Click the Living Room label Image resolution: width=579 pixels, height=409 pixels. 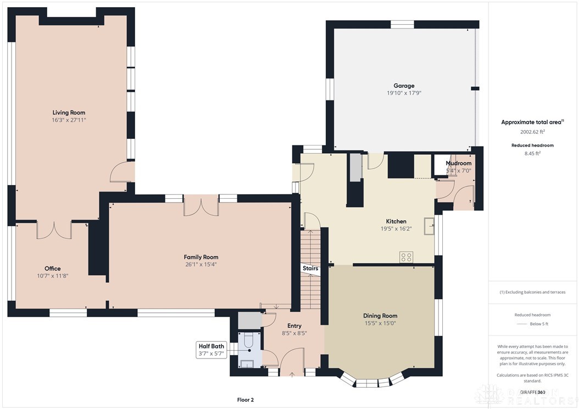pyautogui.click(x=69, y=113)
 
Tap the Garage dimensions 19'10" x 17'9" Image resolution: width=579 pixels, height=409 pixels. pyautogui.click(x=404, y=93)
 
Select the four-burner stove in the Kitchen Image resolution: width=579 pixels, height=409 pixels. pyautogui.click(x=407, y=257)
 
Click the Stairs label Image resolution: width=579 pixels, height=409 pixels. pyautogui.click(x=310, y=268)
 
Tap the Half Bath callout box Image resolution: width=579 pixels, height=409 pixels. pyautogui.click(x=211, y=350)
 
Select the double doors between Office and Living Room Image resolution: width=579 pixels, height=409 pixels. pyautogui.click(x=54, y=231)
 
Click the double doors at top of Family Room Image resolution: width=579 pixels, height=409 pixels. pyautogui.click(x=201, y=207)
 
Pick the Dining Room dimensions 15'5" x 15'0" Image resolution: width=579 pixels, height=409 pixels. pyautogui.click(x=380, y=323)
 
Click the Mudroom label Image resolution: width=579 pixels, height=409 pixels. pyautogui.click(x=458, y=164)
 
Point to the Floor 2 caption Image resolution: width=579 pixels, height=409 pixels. pyautogui.click(x=245, y=400)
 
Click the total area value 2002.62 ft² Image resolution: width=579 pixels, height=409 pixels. pyautogui.click(x=532, y=132)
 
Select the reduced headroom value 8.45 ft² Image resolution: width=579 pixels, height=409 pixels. pyautogui.click(x=532, y=154)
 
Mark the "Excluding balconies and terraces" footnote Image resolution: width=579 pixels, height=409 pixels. pyautogui.click(x=532, y=292)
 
